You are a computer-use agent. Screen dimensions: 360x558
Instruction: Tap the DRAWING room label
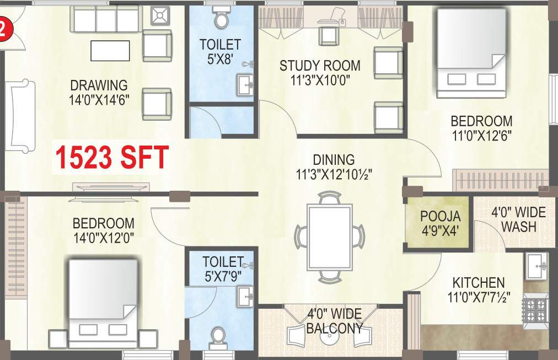click(99, 85)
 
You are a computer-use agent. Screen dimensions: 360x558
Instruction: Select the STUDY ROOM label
click(320, 66)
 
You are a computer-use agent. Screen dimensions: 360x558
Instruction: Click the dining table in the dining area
click(329, 237)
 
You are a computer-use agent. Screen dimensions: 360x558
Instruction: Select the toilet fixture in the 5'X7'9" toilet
click(219, 336)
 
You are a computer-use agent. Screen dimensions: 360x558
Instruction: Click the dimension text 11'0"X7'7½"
click(478, 297)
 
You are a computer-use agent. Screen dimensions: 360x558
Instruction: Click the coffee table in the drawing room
click(110, 51)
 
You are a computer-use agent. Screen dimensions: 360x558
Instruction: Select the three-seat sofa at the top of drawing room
click(105, 20)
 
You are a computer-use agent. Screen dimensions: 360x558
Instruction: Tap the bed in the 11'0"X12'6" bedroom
click(472, 53)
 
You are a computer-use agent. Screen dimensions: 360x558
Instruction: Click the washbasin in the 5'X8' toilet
click(246, 84)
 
